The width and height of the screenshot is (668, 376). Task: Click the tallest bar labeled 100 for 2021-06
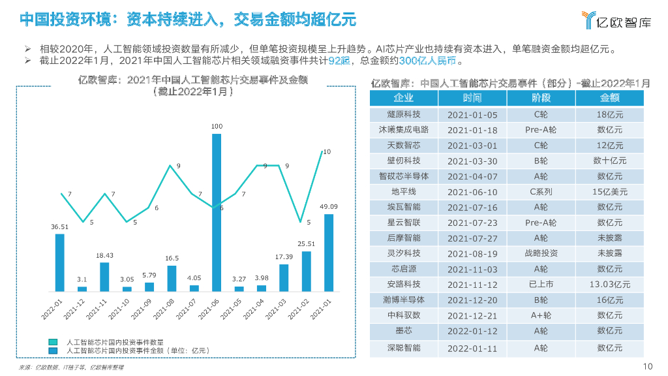217,212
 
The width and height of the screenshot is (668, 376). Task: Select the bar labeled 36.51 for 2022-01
59,262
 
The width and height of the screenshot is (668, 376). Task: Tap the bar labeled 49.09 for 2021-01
329,252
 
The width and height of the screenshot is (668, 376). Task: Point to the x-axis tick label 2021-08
167,308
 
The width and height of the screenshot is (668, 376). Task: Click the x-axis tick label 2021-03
279,308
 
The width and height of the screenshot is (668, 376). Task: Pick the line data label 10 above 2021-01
327,151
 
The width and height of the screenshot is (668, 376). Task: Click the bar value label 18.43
104,255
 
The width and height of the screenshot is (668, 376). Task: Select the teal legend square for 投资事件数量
52,341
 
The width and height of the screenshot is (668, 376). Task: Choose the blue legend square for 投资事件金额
52,350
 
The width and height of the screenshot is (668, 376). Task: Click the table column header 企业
403,98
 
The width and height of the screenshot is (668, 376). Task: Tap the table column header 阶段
541,98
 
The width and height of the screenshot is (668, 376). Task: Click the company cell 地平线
403,192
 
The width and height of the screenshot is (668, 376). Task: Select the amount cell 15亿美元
609,192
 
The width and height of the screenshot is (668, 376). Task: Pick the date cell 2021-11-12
472,285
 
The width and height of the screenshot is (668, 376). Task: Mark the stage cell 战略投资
541,253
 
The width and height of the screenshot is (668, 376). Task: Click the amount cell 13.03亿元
609,285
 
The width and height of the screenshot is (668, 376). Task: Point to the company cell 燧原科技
403,114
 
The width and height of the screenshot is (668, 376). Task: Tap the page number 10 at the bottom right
648,366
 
